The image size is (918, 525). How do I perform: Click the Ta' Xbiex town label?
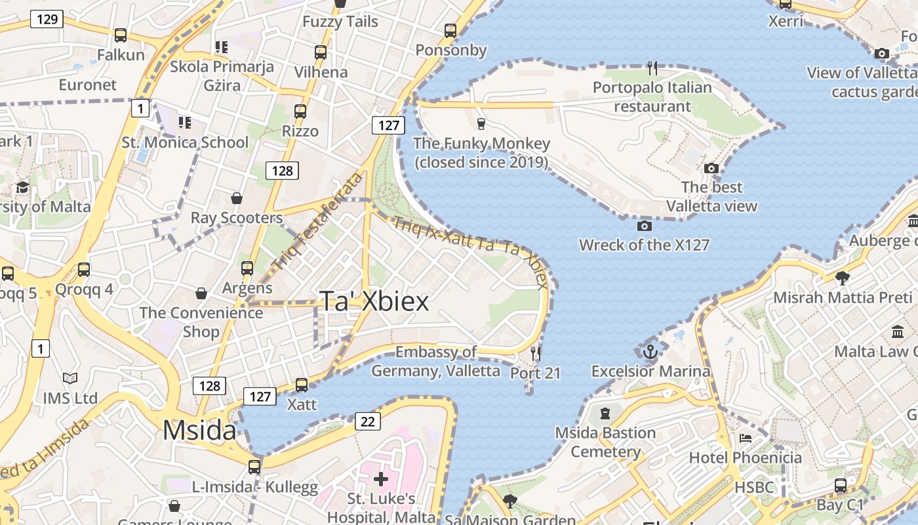[374, 301]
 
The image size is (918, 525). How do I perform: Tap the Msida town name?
[199, 430]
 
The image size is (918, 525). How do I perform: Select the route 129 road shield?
[47, 19]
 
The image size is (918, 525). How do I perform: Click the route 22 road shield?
[367, 421]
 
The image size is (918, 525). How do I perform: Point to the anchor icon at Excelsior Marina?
[650, 352]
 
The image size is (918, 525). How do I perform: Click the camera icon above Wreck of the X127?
[645, 226]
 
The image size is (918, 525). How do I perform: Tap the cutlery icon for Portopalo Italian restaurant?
[652, 68]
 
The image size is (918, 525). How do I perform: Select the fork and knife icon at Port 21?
[536, 354]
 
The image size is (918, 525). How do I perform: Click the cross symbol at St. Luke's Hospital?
[381, 479]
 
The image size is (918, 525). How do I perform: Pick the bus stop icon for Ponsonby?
[450, 31]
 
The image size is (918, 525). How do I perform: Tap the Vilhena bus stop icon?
[321, 52]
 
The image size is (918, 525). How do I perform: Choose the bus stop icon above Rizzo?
[300, 112]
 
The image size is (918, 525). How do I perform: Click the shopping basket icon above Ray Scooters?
[237, 198]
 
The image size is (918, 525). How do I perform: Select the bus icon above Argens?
[247, 268]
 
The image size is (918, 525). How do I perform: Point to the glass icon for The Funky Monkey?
[481, 124]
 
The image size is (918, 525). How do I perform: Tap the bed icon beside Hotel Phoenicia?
[746, 438]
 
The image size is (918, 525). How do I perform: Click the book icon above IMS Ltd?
[70, 379]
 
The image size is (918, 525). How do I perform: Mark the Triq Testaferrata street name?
[317, 222]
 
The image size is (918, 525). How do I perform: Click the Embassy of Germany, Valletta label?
[436, 361]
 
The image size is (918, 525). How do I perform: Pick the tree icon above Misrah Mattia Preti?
[843, 278]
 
